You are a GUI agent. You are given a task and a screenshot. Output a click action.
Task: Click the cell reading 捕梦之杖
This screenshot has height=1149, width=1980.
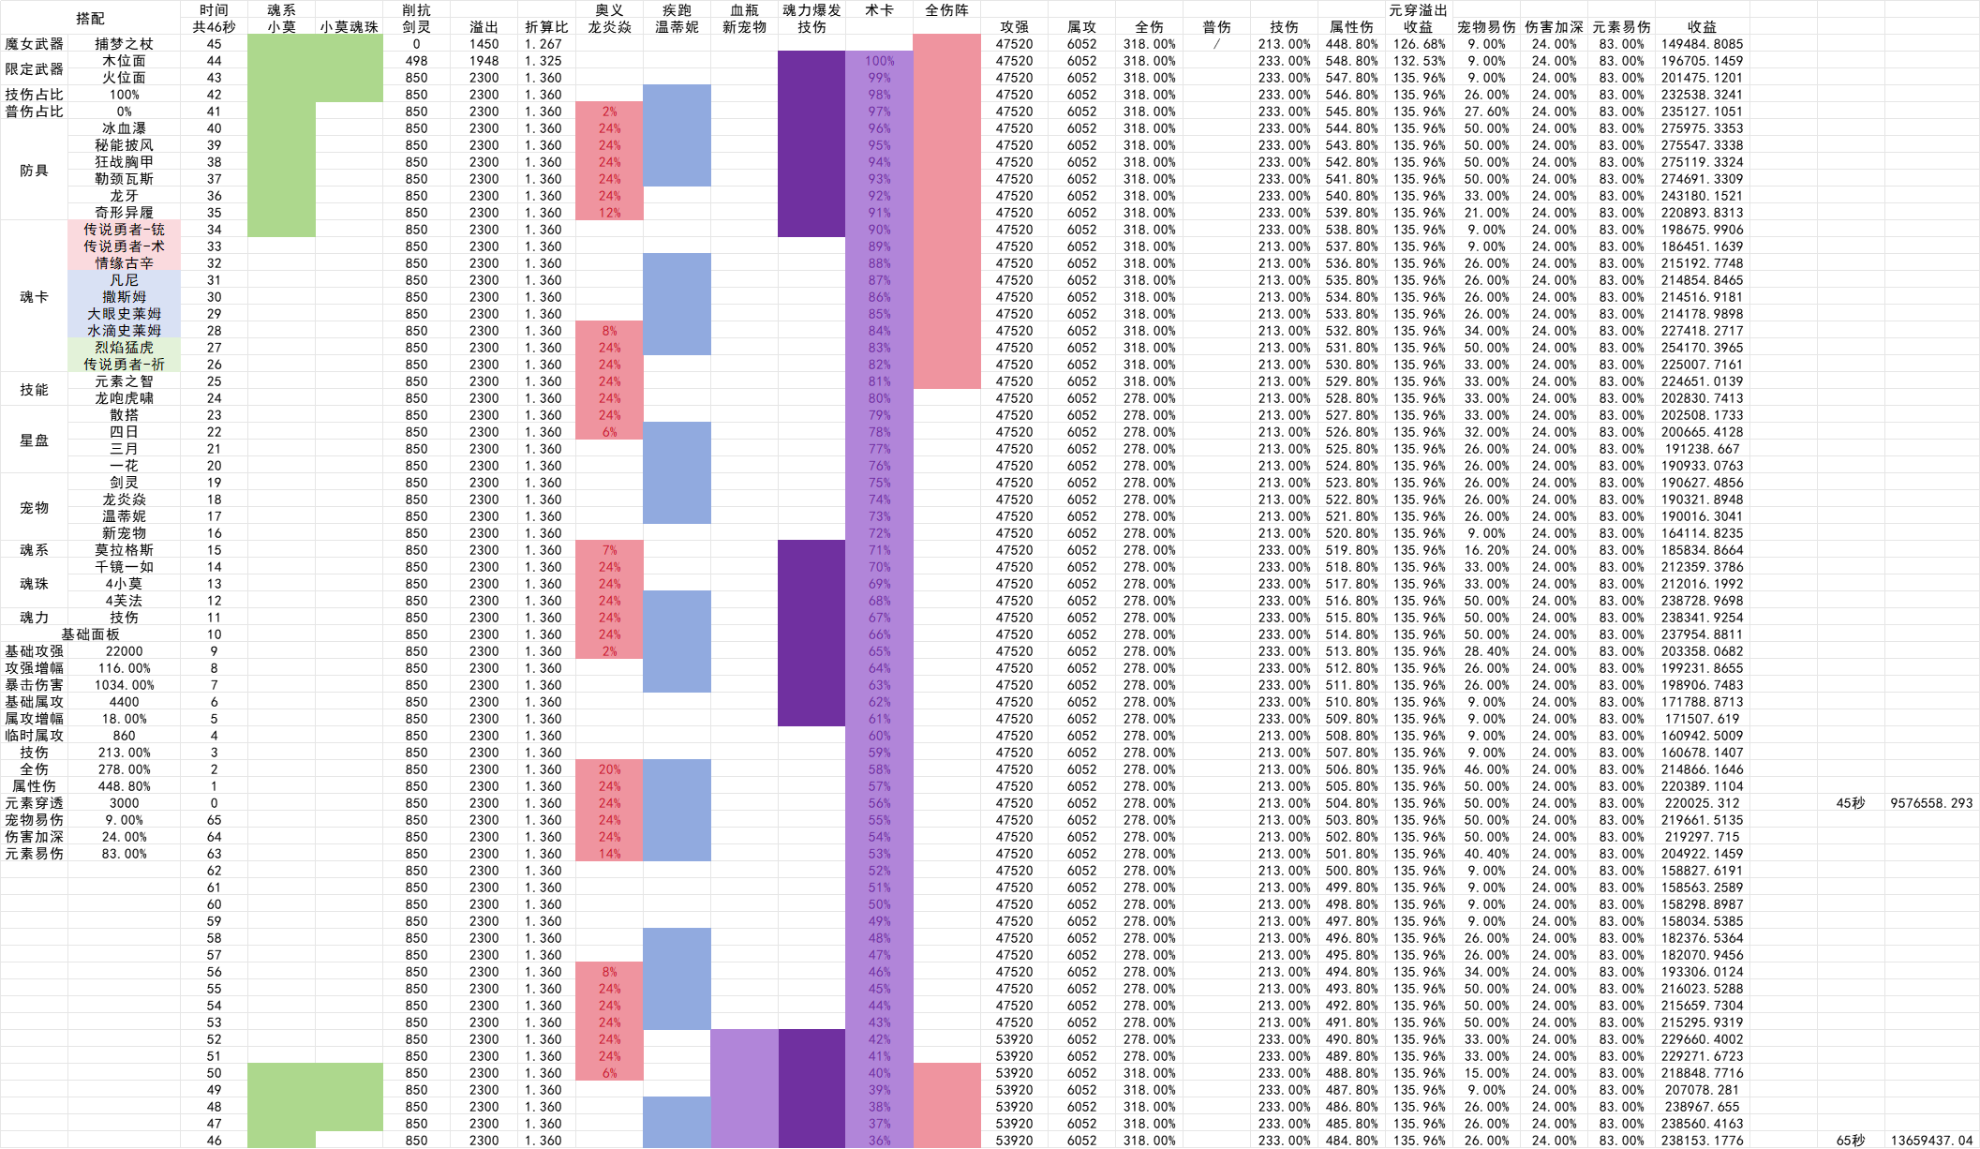click(124, 44)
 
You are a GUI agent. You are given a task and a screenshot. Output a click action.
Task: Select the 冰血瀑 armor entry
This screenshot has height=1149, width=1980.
click(124, 128)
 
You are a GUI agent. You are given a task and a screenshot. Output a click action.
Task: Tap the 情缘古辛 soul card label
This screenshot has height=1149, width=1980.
click(124, 263)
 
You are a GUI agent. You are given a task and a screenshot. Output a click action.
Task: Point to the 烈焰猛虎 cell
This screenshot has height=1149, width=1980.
click(124, 348)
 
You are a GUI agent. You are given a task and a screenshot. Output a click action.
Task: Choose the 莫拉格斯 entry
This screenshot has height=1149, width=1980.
click(124, 550)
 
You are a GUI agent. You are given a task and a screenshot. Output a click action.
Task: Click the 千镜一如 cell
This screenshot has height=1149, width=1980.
click(124, 567)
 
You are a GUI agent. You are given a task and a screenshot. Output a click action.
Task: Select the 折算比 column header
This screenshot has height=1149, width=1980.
click(545, 27)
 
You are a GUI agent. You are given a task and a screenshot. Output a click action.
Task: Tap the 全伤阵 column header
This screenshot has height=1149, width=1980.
click(946, 10)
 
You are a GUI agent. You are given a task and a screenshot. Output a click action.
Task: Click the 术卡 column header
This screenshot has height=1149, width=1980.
click(879, 10)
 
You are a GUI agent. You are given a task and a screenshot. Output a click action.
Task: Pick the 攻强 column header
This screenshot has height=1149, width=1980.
click(1014, 27)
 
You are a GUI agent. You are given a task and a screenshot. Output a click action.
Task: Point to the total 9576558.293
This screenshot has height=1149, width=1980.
click(1930, 803)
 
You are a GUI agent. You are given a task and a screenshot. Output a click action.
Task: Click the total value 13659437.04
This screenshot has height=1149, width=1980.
click(1930, 1141)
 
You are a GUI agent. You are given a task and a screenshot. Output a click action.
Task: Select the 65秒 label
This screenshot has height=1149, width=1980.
click(1850, 1141)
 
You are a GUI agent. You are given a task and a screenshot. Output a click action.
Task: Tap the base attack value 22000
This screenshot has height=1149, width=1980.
click(124, 651)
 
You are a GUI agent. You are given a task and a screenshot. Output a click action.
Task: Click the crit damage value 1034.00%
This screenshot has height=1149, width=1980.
click(124, 685)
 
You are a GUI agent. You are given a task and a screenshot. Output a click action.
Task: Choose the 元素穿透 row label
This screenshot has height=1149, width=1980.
click(34, 803)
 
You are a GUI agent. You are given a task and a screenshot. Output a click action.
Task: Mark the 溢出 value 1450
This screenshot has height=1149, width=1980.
click(484, 44)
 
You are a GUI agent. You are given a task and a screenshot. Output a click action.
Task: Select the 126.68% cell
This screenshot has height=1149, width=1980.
click(1419, 44)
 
